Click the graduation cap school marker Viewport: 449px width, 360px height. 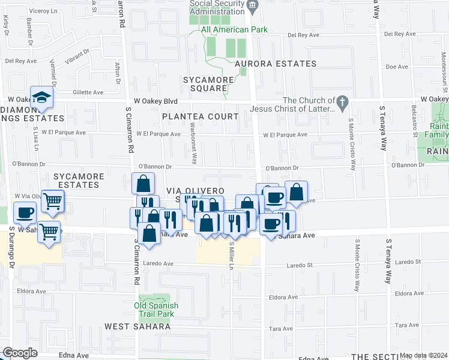click(x=42, y=98)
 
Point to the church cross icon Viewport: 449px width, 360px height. click(x=342, y=101)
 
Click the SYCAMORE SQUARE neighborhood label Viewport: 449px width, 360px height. click(x=206, y=83)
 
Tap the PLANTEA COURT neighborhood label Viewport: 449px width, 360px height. click(x=200, y=116)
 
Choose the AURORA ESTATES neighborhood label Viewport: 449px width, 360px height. click(x=275, y=64)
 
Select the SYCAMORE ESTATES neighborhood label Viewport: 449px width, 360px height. click(x=76, y=181)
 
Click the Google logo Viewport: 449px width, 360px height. click(x=20, y=352)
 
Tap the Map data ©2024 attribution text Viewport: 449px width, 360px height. click(x=423, y=355)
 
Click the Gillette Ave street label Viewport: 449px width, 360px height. click(x=87, y=93)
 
